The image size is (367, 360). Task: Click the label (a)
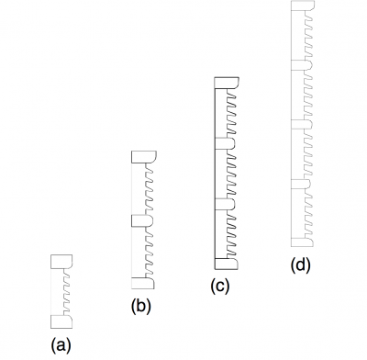(60, 345)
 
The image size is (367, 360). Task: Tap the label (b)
(140, 306)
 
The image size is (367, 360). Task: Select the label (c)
(220, 286)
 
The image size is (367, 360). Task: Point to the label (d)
(300, 265)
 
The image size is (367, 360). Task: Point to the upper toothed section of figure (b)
(148, 189)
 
